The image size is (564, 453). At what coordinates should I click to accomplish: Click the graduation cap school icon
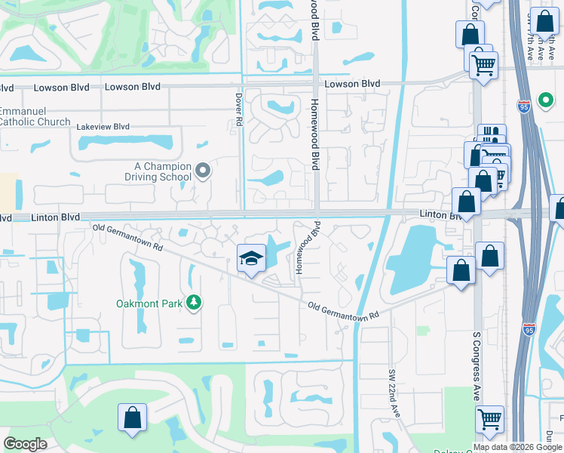[252, 259]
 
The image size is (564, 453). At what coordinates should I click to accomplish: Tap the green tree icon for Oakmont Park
[194, 303]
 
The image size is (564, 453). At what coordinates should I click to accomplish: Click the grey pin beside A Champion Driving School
[202, 171]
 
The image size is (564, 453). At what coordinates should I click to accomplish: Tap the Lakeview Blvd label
[103, 127]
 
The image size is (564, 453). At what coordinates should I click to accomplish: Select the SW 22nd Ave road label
[394, 393]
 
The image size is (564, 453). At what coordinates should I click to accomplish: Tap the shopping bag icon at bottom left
[132, 418]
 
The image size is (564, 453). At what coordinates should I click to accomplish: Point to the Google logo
[25, 444]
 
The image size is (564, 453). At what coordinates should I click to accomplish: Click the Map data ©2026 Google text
[517, 447]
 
